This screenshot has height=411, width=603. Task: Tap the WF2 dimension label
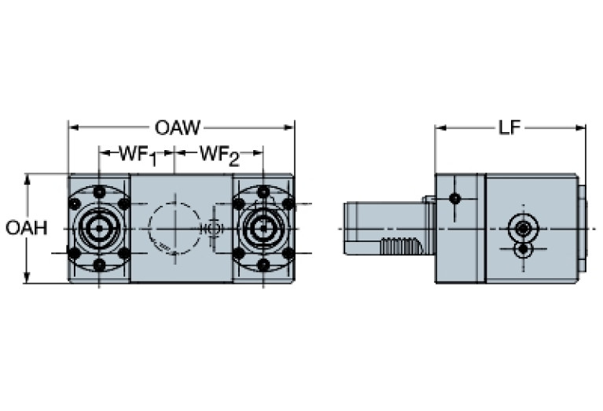click(218, 155)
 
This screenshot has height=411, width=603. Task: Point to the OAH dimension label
click(27, 228)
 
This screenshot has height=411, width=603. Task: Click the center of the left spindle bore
click(99, 229)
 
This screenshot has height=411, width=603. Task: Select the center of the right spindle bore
click(263, 229)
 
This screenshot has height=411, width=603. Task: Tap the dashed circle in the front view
click(173, 228)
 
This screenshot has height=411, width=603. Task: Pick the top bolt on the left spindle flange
click(99, 193)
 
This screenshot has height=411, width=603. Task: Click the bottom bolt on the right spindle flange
click(263, 265)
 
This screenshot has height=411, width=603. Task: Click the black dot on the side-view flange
click(454, 199)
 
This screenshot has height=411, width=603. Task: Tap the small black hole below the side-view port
click(522, 249)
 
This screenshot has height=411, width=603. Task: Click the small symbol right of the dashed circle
click(211, 229)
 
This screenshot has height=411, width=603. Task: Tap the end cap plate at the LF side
click(583, 228)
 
